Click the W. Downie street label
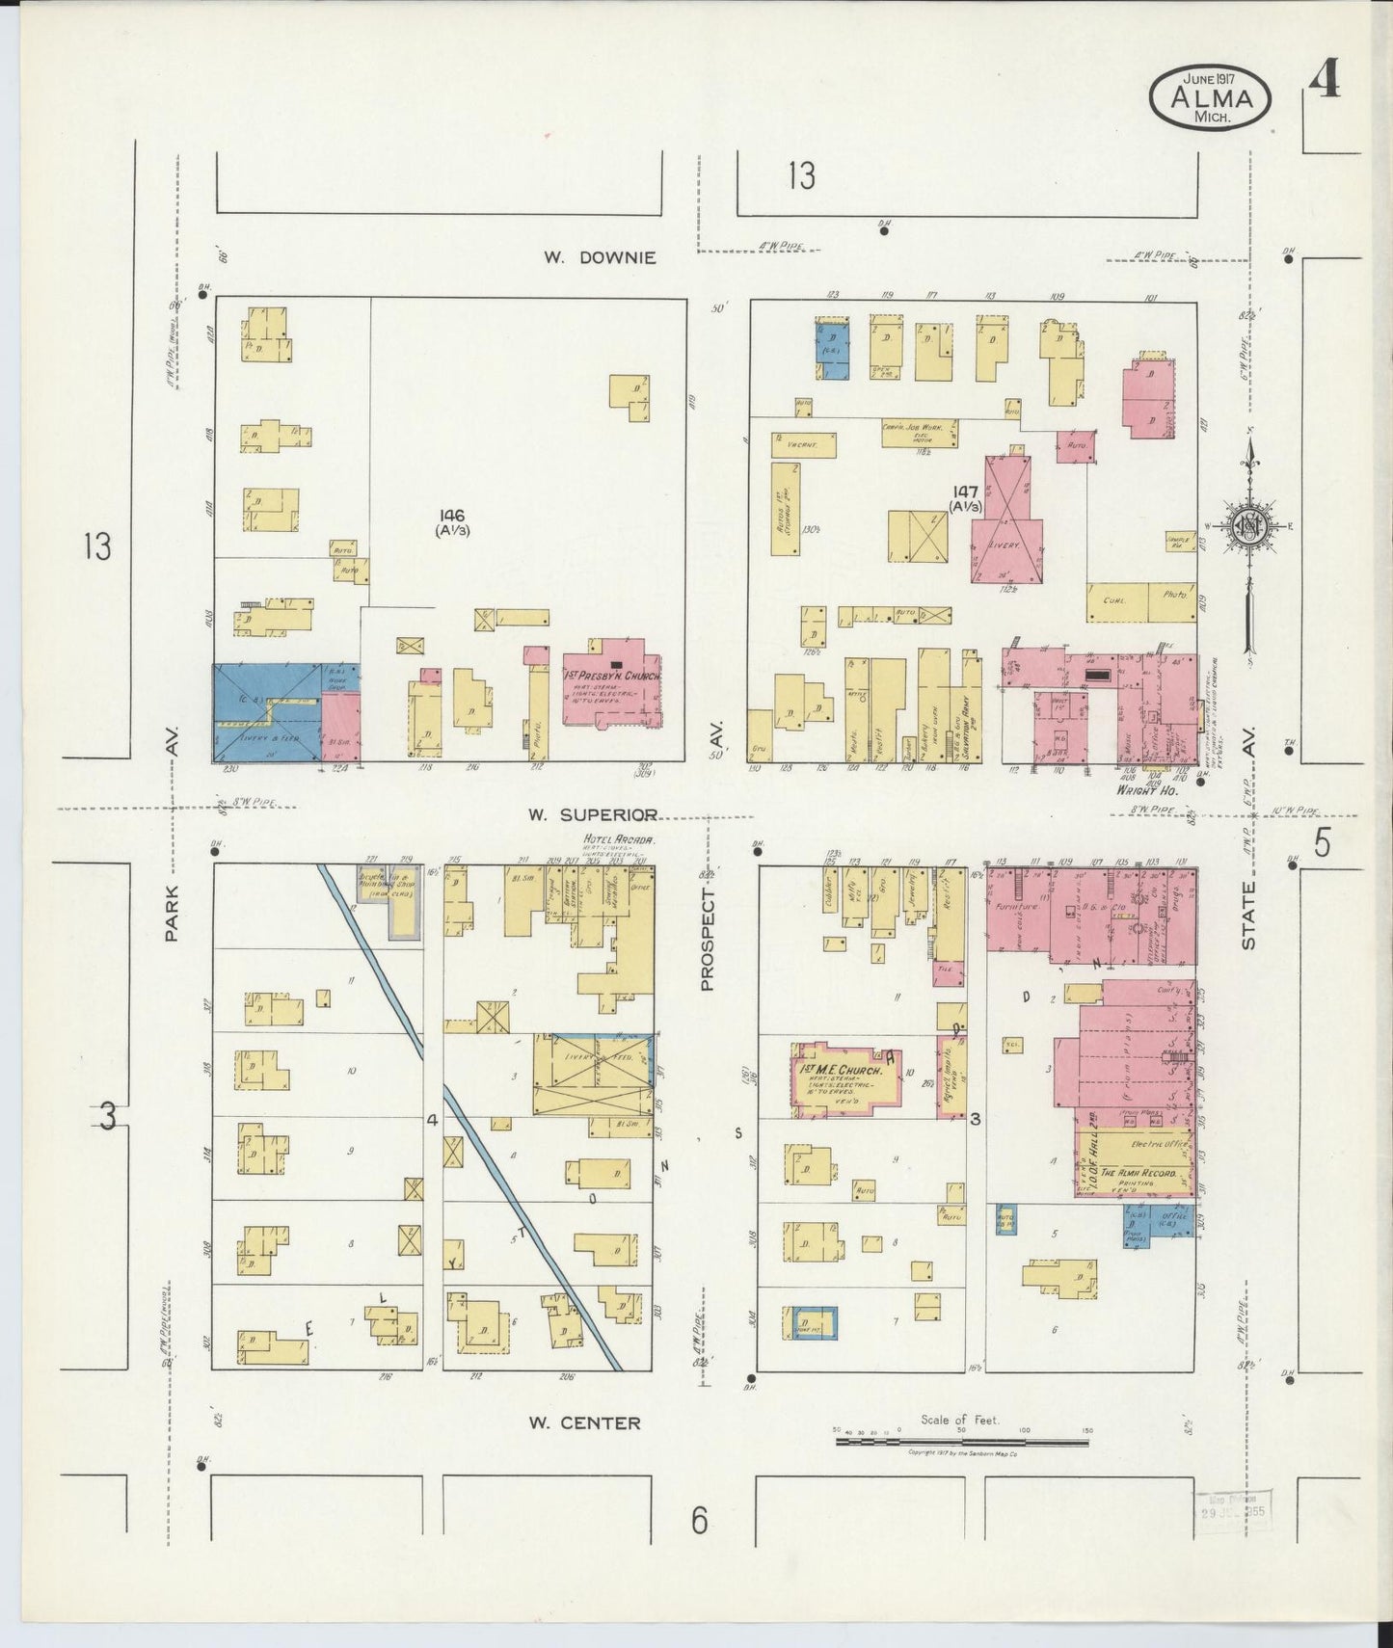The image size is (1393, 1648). tap(599, 257)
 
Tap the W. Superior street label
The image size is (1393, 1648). tap(593, 814)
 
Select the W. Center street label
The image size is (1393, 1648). tap(584, 1422)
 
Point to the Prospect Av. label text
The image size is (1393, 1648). tap(709, 940)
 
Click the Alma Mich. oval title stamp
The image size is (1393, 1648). tap(1210, 98)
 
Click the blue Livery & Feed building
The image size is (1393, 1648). tap(266, 713)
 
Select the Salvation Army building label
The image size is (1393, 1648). tap(968, 713)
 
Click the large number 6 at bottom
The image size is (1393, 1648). tap(699, 1521)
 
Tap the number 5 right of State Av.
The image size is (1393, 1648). tap(1322, 843)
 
